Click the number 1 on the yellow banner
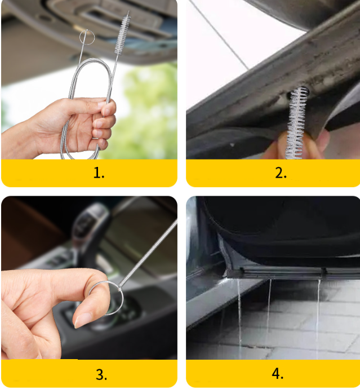[99, 173]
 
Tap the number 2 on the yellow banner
[281, 173]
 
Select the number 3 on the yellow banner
[101, 374]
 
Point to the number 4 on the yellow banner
[277, 374]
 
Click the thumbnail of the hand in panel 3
[83, 320]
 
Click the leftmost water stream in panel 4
[239, 317]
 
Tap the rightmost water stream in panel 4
[318, 319]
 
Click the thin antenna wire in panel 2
[219, 35]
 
